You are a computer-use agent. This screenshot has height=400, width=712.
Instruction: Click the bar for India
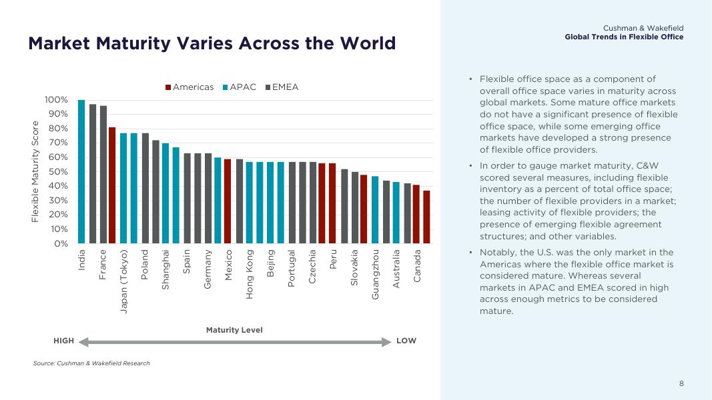(x=81, y=172)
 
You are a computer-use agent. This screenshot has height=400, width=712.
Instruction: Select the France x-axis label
(x=103, y=265)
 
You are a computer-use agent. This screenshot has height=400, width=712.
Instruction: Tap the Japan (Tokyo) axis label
(x=124, y=281)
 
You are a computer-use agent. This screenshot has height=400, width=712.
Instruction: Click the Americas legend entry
(x=190, y=87)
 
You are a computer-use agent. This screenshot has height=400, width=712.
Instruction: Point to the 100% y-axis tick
(x=56, y=100)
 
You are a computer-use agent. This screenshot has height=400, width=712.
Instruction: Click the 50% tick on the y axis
(x=59, y=172)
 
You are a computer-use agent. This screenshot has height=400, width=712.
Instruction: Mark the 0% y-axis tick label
(x=61, y=244)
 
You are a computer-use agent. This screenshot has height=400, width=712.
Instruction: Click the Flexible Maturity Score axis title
(x=36, y=171)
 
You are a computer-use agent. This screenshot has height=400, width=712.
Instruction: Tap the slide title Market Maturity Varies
(x=212, y=43)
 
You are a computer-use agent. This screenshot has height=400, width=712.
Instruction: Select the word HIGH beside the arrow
(x=64, y=341)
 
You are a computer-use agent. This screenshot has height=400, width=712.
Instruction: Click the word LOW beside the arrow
(x=406, y=341)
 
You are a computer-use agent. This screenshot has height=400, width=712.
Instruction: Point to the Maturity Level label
(x=234, y=330)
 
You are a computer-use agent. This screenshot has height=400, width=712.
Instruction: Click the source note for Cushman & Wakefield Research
(x=91, y=363)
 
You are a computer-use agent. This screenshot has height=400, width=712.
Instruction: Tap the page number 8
(x=681, y=383)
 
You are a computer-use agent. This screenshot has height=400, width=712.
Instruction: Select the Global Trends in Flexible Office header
(x=624, y=37)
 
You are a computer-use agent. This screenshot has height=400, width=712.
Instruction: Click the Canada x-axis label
(x=417, y=265)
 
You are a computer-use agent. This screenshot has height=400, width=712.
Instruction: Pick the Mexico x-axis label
(x=228, y=265)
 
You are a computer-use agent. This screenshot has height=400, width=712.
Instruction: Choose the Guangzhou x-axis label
(x=376, y=274)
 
